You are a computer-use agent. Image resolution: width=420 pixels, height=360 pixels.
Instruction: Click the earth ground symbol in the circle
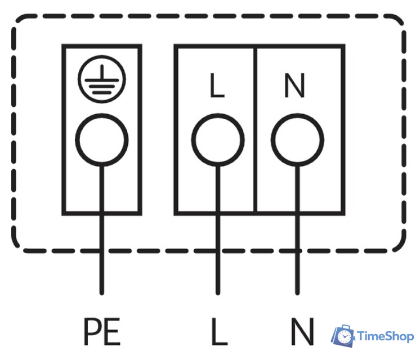(102, 79)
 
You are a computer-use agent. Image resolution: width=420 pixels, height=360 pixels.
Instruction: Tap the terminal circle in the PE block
(102, 140)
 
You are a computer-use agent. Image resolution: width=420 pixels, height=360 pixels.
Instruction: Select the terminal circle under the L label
(218, 140)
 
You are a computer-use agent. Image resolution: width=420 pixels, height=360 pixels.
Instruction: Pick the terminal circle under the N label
(297, 140)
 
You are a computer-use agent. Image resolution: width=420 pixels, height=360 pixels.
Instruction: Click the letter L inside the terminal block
(217, 85)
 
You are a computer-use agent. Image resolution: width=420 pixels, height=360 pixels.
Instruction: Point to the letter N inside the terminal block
(294, 85)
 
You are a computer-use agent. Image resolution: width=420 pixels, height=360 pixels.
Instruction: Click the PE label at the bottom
(102, 331)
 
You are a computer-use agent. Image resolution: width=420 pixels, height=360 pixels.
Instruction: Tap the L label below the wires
(220, 331)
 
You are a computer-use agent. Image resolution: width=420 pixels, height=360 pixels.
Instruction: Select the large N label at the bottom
(302, 331)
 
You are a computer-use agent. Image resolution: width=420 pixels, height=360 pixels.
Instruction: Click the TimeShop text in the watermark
(386, 336)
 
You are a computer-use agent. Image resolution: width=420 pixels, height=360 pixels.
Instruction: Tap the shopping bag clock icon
(343, 336)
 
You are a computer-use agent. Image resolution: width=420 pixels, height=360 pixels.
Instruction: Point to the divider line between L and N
(255, 130)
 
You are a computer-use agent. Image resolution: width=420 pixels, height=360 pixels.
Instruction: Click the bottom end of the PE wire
(102, 294)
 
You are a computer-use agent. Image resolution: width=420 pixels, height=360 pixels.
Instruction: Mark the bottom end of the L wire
(218, 294)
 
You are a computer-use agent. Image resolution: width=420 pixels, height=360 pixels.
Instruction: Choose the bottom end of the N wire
(297, 294)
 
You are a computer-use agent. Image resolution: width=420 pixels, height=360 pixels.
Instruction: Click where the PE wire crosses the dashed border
(102, 251)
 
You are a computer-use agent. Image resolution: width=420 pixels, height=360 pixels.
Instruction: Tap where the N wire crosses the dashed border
(297, 251)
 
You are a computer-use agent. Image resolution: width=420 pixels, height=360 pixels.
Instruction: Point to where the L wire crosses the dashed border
(218, 251)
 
